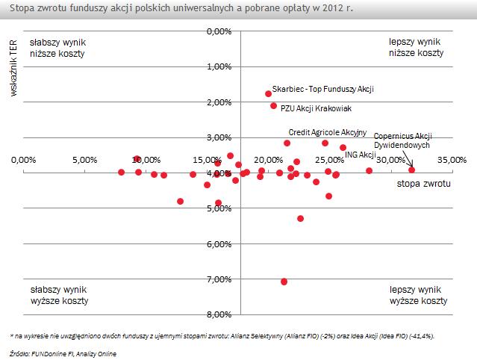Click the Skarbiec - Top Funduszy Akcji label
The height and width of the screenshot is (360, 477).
322,89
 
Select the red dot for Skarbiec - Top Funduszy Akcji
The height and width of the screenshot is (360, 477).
269,93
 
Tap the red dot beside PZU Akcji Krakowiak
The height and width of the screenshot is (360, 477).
274,106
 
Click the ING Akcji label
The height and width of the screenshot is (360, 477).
360,155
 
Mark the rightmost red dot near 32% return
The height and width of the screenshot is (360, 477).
411,170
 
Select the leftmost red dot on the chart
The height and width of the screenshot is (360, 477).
121,172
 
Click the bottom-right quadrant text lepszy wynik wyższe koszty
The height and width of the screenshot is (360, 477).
419,294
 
